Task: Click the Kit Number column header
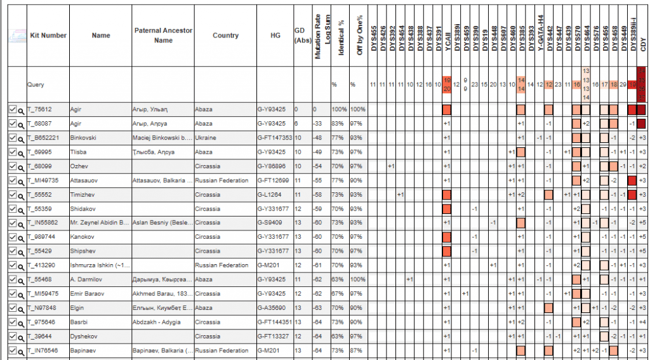[x=48, y=36]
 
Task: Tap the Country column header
[x=225, y=36]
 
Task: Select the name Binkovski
[x=85, y=138]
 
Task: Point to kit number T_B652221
[x=43, y=138]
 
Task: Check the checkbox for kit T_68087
[x=13, y=123]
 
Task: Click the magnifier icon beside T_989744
[x=21, y=237]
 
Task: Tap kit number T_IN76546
[x=43, y=350]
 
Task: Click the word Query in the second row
[x=36, y=84]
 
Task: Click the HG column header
[x=275, y=36]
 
